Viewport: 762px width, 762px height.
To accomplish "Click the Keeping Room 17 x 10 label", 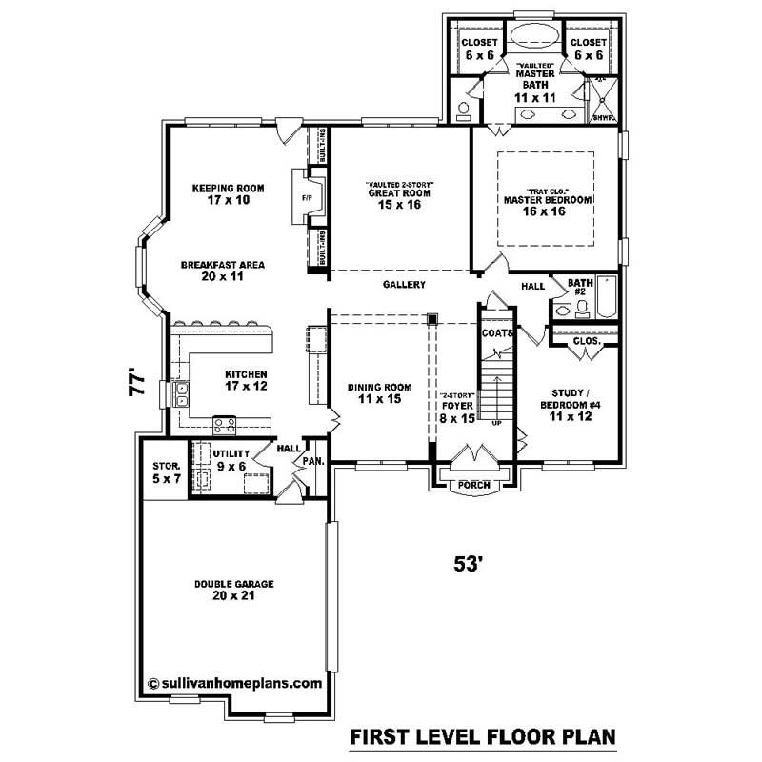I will pyautogui.click(x=227, y=194).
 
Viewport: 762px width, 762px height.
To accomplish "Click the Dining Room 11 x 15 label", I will pyautogui.click(x=379, y=393).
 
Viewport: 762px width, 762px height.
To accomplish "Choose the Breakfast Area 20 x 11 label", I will pyautogui.click(x=222, y=271).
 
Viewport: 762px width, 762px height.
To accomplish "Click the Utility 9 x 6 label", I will pyautogui.click(x=231, y=460).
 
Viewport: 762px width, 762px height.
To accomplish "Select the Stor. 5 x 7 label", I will pyautogui.click(x=166, y=472).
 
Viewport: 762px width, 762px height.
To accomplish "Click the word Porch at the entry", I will pyautogui.click(x=473, y=485).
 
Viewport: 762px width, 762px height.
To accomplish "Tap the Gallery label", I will pyautogui.click(x=404, y=285).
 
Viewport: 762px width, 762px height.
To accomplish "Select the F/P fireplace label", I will pyautogui.click(x=307, y=199).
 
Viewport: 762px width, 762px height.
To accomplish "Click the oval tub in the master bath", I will pyautogui.click(x=533, y=38).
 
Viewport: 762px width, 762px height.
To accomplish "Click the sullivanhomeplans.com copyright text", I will pyautogui.click(x=236, y=683).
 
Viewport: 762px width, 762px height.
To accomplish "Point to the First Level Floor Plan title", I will pyautogui.click(x=482, y=736).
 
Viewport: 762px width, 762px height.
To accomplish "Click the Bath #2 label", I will pyautogui.click(x=580, y=288).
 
